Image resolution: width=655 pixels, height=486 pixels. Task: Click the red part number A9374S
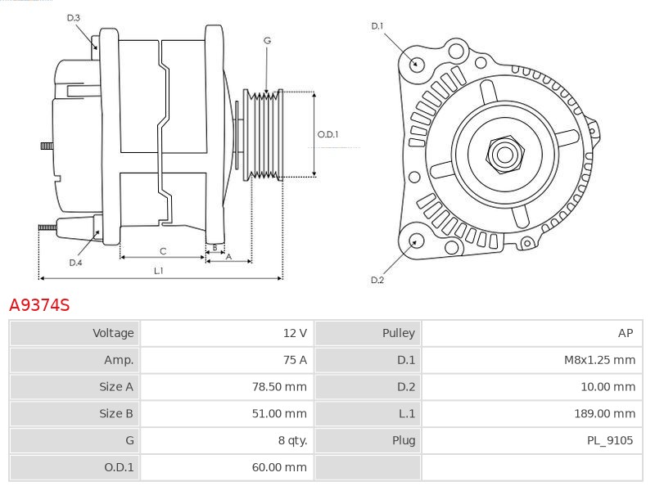[x=39, y=305]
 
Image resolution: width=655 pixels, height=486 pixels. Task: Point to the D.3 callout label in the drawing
[x=73, y=17]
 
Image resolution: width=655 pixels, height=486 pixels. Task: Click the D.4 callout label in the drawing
[x=75, y=263]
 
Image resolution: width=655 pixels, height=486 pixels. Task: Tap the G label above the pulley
[x=267, y=40]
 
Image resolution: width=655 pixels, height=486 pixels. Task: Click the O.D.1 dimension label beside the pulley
[x=327, y=135]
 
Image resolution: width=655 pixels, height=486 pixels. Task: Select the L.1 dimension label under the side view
[x=158, y=271]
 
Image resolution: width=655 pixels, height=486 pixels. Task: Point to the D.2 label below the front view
[x=377, y=280]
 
